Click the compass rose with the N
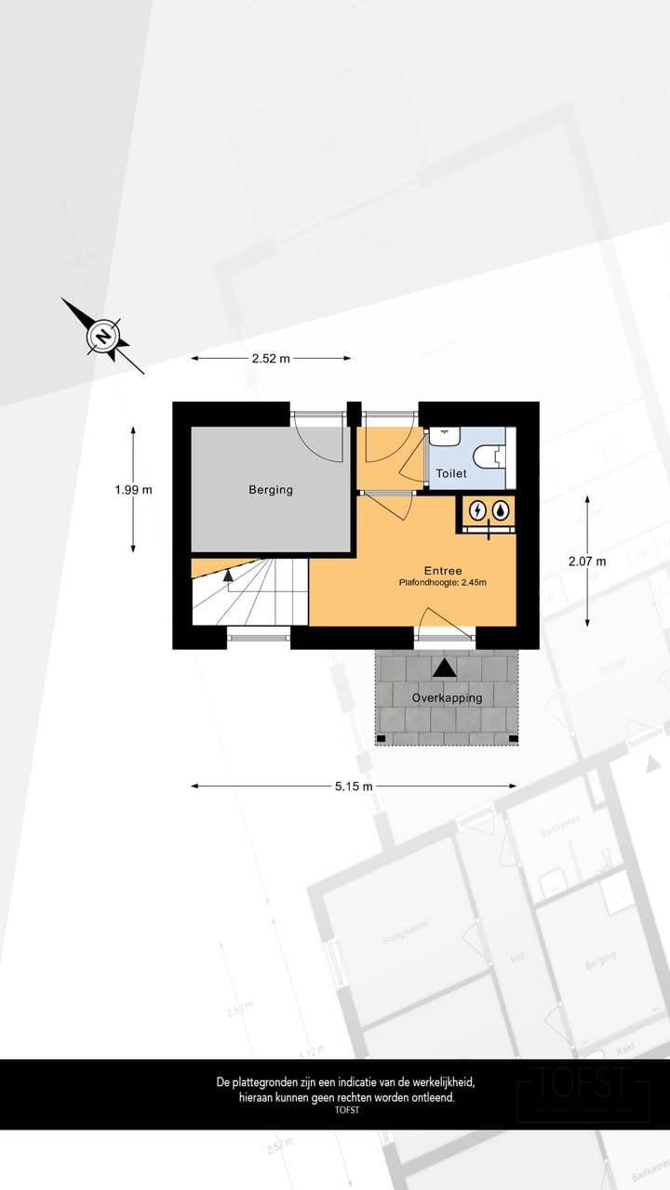click(x=103, y=336)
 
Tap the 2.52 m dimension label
click(x=271, y=358)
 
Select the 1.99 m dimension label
click(x=134, y=489)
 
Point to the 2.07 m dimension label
click(x=587, y=561)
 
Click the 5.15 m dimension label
click(x=354, y=786)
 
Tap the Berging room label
click(x=271, y=490)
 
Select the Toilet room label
click(x=451, y=473)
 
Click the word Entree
click(x=443, y=571)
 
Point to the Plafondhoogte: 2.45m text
click(x=443, y=583)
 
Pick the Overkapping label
click(x=448, y=697)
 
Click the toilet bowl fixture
click(x=488, y=456)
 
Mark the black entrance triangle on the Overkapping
click(x=445, y=667)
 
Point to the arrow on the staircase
click(x=229, y=575)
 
